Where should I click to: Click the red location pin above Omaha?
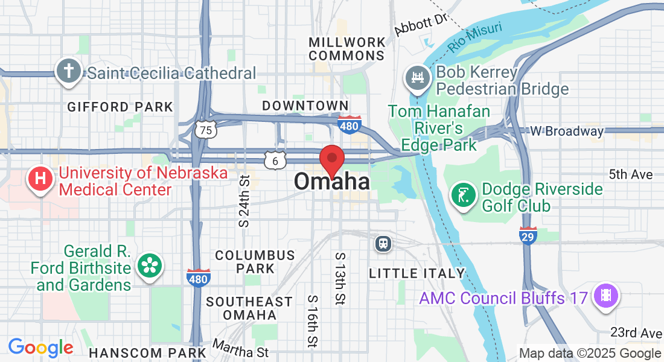(331, 160)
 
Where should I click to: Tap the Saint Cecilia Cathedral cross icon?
(69, 71)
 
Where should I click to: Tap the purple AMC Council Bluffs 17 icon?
(605, 297)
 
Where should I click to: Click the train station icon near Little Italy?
(383, 243)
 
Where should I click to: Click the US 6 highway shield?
(275, 160)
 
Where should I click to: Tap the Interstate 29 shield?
(528, 235)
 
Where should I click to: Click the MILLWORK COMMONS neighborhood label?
(347, 49)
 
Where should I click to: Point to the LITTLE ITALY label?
(417, 273)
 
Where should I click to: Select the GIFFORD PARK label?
(120, 107)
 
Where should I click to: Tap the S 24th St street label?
(244, 201)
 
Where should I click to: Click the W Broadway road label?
(567, 131)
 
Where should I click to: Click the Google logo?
(40, 348)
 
